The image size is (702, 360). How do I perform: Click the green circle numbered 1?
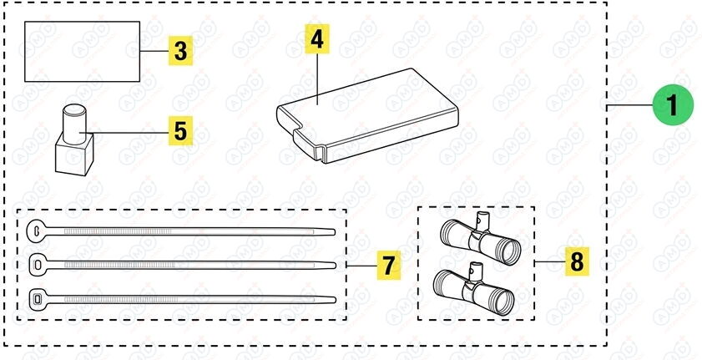673,105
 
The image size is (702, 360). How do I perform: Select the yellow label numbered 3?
180,51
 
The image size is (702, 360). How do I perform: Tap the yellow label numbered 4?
317,39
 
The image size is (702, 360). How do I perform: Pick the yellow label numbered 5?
180,131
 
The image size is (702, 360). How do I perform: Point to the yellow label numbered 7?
389,265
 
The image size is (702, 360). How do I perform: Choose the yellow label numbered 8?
577,261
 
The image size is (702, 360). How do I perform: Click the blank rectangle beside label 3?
82,52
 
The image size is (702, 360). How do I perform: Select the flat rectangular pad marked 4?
367,115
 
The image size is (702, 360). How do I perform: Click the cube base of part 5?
74,155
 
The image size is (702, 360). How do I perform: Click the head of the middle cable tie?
38,265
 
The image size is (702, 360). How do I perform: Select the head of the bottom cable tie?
38,298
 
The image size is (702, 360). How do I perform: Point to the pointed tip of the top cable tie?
334,232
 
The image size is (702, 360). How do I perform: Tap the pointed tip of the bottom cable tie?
335,300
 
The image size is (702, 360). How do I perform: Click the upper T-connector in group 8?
480,238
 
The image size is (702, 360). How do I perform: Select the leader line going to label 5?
127,133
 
